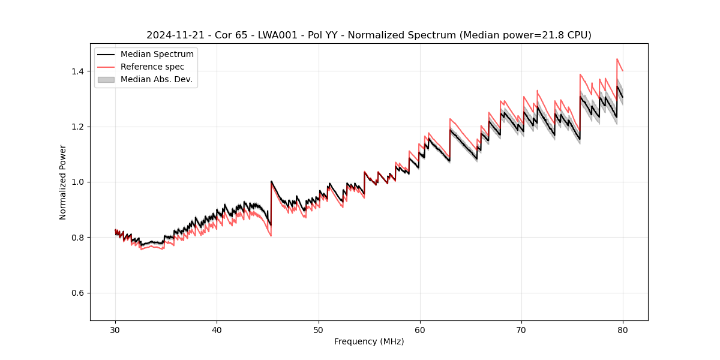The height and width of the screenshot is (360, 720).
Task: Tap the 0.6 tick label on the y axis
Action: pos(77,293)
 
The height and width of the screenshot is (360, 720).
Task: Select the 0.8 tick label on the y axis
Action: pos(77,238)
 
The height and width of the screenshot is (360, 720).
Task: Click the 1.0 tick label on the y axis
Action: pos(77,182)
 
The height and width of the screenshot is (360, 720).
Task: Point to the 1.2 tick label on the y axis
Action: pos(77,127)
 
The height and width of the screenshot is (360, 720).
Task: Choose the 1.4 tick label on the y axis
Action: pos(77,71)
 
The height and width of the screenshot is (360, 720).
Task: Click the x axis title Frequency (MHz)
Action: pos(369,341)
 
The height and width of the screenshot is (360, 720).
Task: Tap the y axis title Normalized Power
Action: pos(63,182)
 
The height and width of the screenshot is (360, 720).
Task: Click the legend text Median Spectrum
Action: pos(157,55)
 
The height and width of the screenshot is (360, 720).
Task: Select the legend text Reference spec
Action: pos(152,67)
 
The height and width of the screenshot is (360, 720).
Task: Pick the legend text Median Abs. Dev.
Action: pos(157,79)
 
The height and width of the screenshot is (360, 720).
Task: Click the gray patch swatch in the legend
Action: pos(106,79)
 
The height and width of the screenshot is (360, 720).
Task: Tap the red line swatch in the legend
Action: pos(106,67)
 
